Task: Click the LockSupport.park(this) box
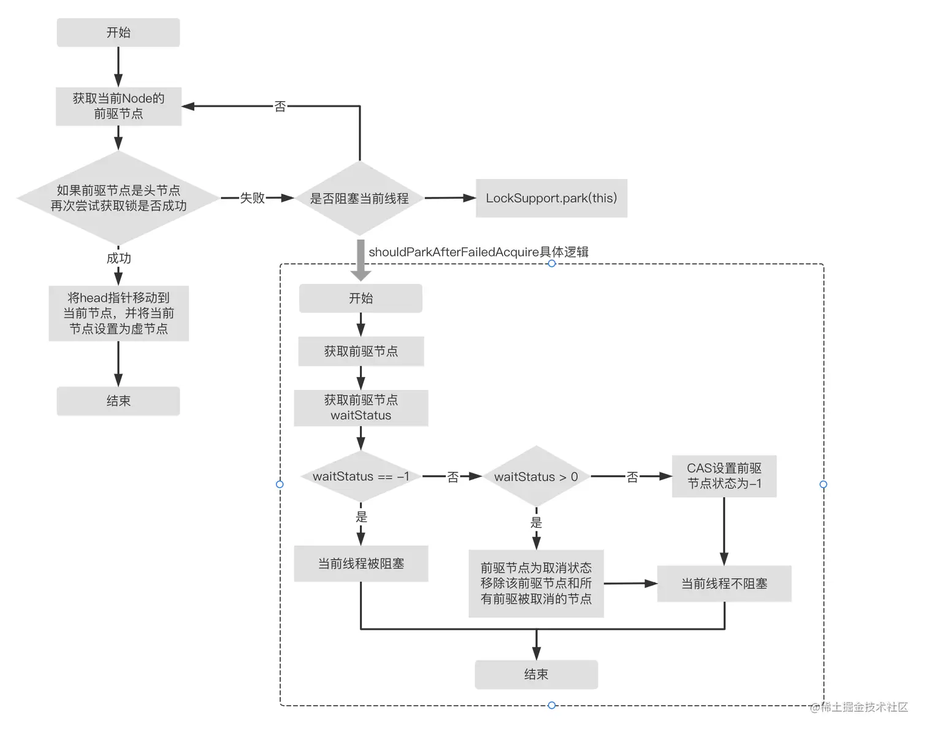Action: pyautogui.click(x=551, y=198)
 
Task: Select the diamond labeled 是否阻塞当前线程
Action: pyautogui.click(x=359, y=198)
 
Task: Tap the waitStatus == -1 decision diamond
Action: pyautogui.click(x=360, y=476)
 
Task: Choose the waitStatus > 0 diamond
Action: pyautogui.click(x=536, y=476)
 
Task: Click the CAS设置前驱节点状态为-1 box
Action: pyautogui.click(x=724, y=476)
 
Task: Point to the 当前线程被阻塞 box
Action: pyautogui.click(x=360, y=563)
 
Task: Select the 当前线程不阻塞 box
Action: pyautogui.click(x=724, y=584)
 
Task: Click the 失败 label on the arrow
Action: pyautogui.click(x=252, y=198)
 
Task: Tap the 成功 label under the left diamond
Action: pyautogui.click(x=118, y=258)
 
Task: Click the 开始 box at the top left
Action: pyautogui.click(x=118, y=32)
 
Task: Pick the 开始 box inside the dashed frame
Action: pyautogui.click(x=360, y=299)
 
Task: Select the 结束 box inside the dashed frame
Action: pyautogui.click(x=536, y=674)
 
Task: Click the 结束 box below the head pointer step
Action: pyautogui.click(x=118, y=401)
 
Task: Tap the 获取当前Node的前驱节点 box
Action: pyautogui.click(x=118, y=106)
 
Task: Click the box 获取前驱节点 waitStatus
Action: pyautogui.click(x=360, y=408)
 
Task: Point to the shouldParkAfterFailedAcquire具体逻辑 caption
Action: pyautogui.click(x=478, y=252)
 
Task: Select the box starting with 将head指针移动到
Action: pyautogui.click(x=118, y=313)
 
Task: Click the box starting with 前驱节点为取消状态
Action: pyautogui.click(x=536, y=584)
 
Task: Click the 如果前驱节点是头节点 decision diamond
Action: pyautogui.click(x=118, y=198)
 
